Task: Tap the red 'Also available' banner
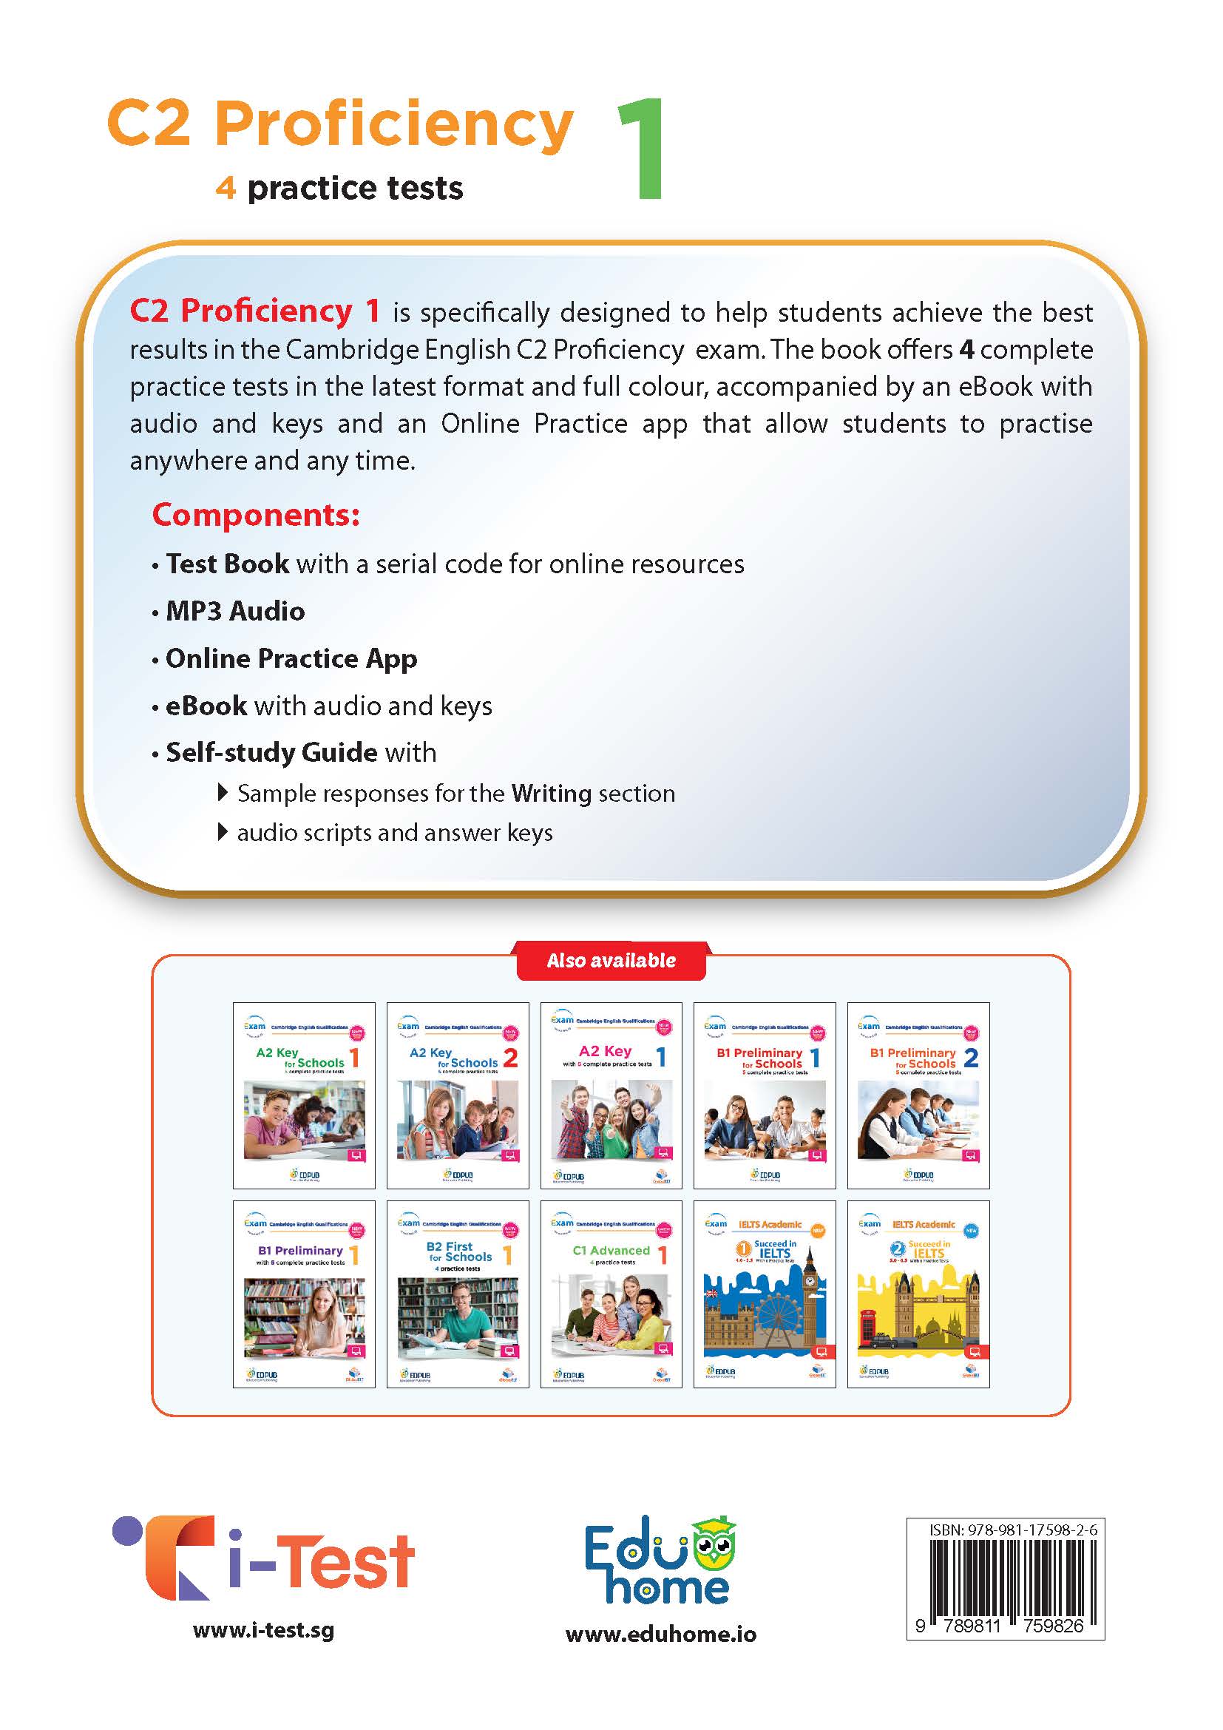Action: (x=611, y=960)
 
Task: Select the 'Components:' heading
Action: (x=256, y=515)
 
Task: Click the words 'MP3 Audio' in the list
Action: (x=235, y=611)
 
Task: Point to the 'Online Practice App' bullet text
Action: (x=291, y=658)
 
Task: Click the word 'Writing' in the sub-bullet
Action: (x=552, y=794)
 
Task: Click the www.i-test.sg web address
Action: (x=263, y=1630)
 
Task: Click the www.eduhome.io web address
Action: (x=660, y=1634)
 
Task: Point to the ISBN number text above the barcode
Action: (x=1013, y=1530)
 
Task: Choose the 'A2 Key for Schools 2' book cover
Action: (x=458, y=1095)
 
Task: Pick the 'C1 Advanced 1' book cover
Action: (x=611, y=1294)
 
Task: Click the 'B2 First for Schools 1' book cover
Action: (x=458, y=1294)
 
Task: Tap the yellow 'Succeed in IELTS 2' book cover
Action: (x=918, y=1294)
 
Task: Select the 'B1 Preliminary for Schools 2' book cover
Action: (x=918, y=1095)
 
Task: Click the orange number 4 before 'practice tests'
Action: (x=226, y=188)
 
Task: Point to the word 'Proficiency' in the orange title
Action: (x=394, y=124)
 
